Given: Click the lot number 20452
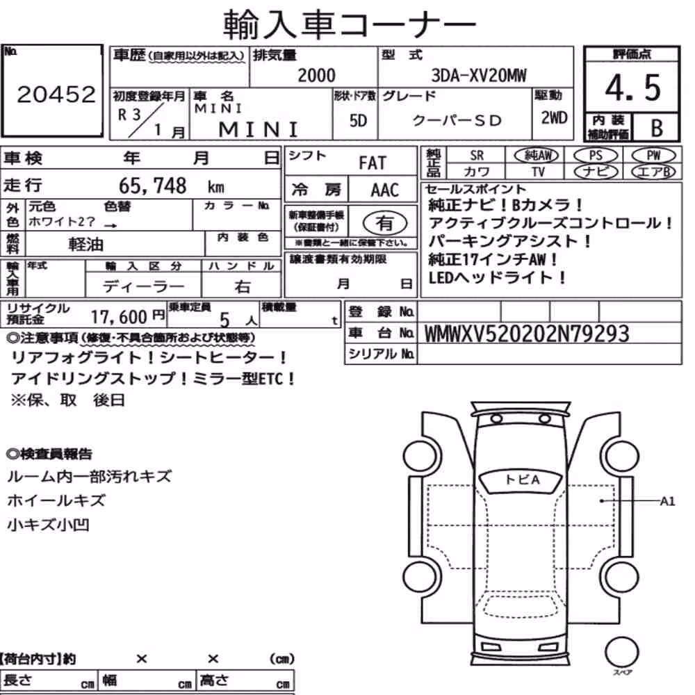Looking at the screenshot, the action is click(x=56, y=95).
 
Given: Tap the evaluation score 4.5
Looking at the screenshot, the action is click(x=632, y=88).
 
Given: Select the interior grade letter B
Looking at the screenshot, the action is click(x=657, y=128).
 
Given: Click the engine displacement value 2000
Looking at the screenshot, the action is click(x=316, y=75).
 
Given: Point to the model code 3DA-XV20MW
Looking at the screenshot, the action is click(x=479, y=75).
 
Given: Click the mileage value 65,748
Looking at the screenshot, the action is click(x=152, y=186).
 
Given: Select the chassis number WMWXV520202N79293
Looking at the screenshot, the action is click(x=527, y=334).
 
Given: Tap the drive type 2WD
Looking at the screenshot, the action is click(x=554, y=117).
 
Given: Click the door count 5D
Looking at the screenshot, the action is click(x=358, y=120).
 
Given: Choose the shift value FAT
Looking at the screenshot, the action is click(x=373, y=163).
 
